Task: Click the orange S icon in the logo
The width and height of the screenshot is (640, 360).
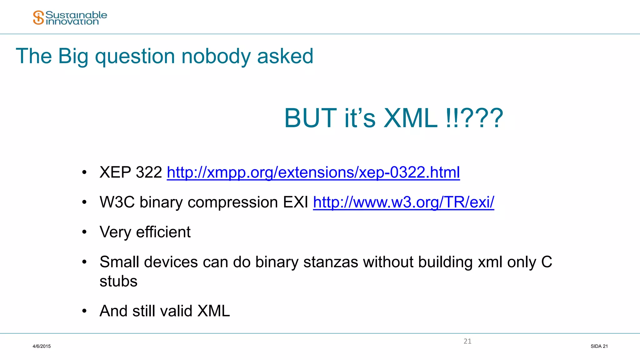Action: pos(38,17)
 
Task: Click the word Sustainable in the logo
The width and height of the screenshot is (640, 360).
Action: pos(76,15)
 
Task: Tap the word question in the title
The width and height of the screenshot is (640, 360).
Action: pos(135,57)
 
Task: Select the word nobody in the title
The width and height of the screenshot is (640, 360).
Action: pos(216,57)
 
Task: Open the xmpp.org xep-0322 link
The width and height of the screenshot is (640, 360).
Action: pos(313,172)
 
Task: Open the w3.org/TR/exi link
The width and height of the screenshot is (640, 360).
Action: pos(403,202)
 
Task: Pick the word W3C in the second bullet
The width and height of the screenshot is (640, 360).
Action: pos(117,202)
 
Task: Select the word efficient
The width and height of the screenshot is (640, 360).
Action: pos(163,232)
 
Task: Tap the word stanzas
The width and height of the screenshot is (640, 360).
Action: pos(331,262)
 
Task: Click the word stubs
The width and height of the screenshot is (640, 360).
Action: pos(118,281)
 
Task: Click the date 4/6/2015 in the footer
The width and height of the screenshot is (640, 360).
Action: pos(42,346)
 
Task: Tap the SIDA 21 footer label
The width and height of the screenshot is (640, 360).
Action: pos(599,346)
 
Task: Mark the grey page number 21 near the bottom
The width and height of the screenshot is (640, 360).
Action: pos(467,341)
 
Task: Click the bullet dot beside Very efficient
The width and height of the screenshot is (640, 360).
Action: pos(84,232)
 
